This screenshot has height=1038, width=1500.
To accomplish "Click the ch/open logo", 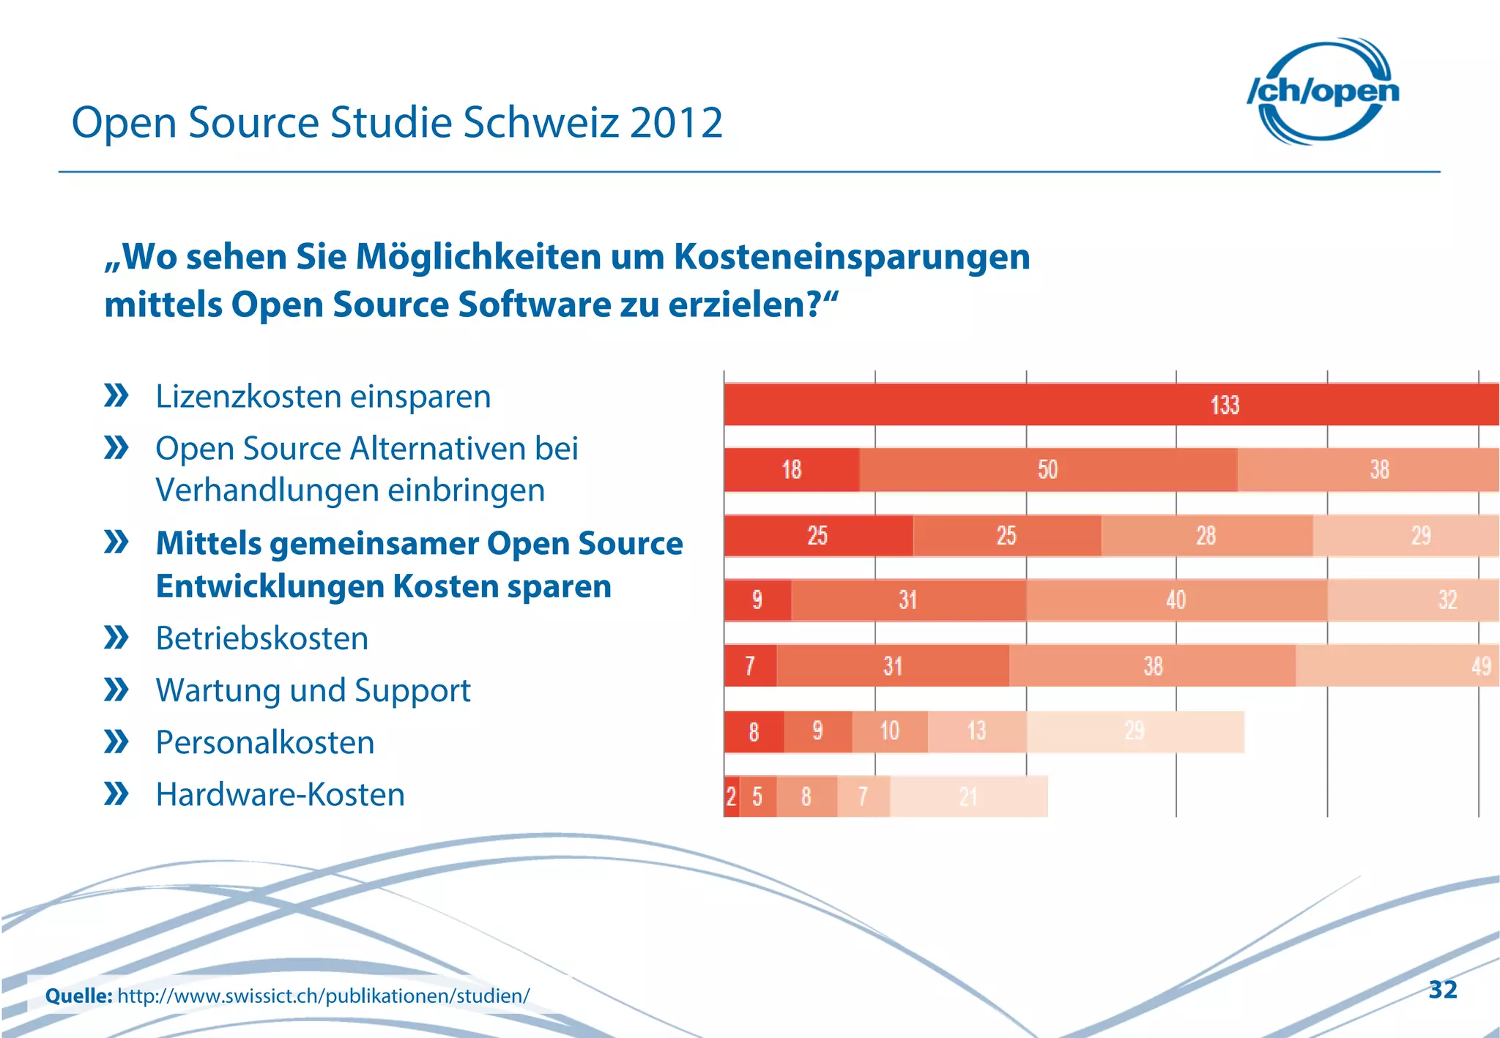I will (1323, 92).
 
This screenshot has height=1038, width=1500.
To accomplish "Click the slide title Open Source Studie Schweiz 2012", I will (397, 122).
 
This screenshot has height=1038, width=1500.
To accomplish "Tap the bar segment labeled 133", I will (1110, 404).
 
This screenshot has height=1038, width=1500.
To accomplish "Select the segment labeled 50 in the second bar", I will (1047, 469).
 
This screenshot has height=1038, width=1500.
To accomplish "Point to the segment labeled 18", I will (791, 469).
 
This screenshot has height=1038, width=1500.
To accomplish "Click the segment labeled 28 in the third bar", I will (1206, 535).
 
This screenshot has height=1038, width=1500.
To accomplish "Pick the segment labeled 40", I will (1176, 600).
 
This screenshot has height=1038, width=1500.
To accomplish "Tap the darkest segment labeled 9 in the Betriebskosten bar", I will (757, 600).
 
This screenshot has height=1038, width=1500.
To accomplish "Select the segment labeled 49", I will (1397, 665).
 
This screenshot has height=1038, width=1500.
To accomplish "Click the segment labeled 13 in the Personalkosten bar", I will (976, 731).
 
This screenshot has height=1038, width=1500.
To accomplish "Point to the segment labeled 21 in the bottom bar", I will (968, 796).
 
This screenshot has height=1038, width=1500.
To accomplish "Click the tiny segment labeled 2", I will (731, 796).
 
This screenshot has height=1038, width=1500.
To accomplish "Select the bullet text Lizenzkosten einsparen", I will (323, 397).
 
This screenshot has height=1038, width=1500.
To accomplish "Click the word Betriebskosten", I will (262, 638).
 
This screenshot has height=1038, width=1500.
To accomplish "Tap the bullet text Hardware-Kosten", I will (280, 794).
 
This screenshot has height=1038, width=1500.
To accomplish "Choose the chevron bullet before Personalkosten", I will (116, 742).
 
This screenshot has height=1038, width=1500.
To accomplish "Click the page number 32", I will (1442, 990).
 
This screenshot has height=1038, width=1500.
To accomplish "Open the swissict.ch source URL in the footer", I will (323, 996).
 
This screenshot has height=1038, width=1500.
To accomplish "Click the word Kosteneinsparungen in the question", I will (851, 257).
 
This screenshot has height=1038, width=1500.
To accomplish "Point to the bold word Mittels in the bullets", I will (209, 544).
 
